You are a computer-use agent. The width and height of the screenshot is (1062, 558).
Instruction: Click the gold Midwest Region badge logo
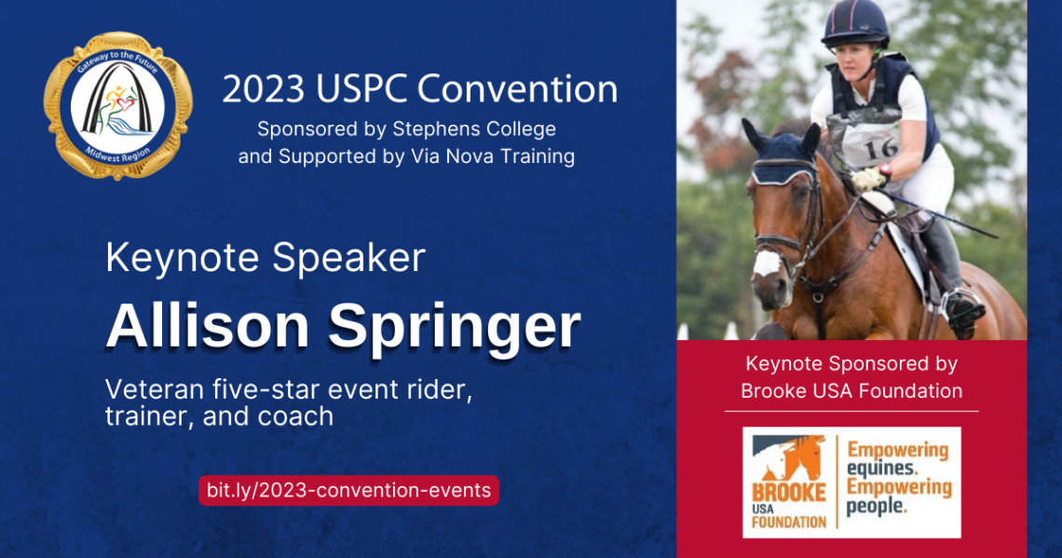(118, 106)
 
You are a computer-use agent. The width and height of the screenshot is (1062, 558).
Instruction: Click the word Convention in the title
(517, 89)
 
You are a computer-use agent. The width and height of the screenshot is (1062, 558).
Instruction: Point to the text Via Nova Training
(493, 157)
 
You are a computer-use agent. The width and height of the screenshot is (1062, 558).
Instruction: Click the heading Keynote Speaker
(265, 258)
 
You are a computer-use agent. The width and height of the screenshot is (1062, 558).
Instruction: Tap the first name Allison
(207, 326)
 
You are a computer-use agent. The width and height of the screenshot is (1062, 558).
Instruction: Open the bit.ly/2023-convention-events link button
(348, 490)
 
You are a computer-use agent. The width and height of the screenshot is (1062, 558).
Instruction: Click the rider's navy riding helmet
(855, 23)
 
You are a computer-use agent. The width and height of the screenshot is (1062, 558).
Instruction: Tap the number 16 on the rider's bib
(880, 147)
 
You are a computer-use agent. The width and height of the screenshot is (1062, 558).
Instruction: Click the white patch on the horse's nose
(766, 263)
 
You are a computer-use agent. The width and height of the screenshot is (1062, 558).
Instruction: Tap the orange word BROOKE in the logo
(788, 492)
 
